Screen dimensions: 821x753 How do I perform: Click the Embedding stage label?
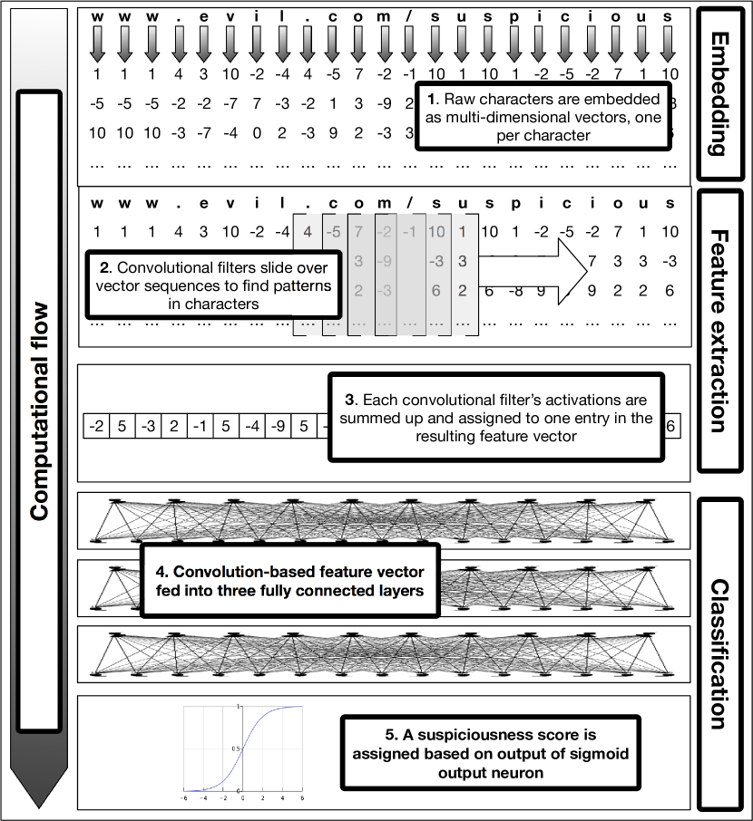coord(724,93)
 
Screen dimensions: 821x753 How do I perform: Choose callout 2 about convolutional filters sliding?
coord(214,285)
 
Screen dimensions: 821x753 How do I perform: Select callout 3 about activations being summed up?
coord(495,418)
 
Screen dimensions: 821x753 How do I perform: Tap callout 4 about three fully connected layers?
coord(291,581)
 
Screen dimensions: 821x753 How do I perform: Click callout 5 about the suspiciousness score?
coord(489,749)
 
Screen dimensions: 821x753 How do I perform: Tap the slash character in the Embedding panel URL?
coord(411,17)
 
